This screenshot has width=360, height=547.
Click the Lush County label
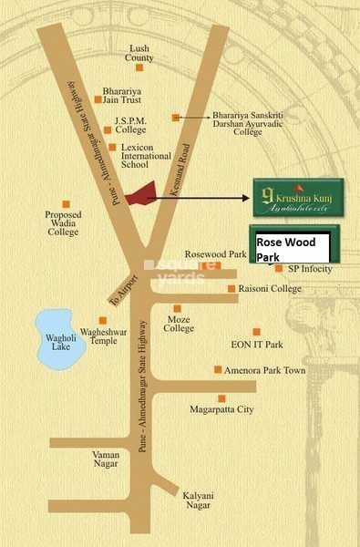click(x=139, y=52)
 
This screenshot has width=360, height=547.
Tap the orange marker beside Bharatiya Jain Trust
click(x=98, y=98)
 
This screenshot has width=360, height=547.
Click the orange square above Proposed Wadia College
click(x=66, y=203)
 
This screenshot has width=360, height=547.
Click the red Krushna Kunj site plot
click(x=139, y=197)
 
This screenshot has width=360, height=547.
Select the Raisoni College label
click(x=269, y=289)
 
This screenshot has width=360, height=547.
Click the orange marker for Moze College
click(x=178, y=308)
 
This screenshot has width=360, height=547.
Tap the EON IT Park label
click(x=257, y=345)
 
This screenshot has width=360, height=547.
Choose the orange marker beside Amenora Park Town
click(x=217, y=369)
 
